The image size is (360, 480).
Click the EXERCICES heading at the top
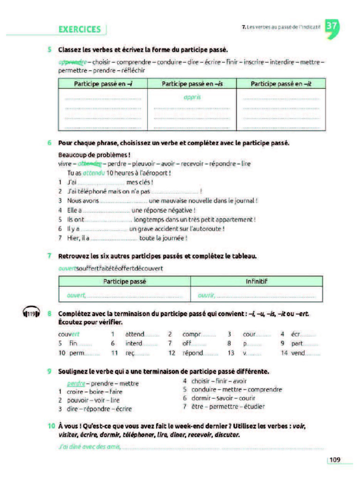80,29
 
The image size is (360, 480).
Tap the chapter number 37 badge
331,27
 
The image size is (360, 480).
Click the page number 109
335,460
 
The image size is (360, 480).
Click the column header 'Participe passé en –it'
280,84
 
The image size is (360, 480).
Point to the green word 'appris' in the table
192,98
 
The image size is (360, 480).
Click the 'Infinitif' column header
256,282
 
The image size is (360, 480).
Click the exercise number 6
49,142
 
